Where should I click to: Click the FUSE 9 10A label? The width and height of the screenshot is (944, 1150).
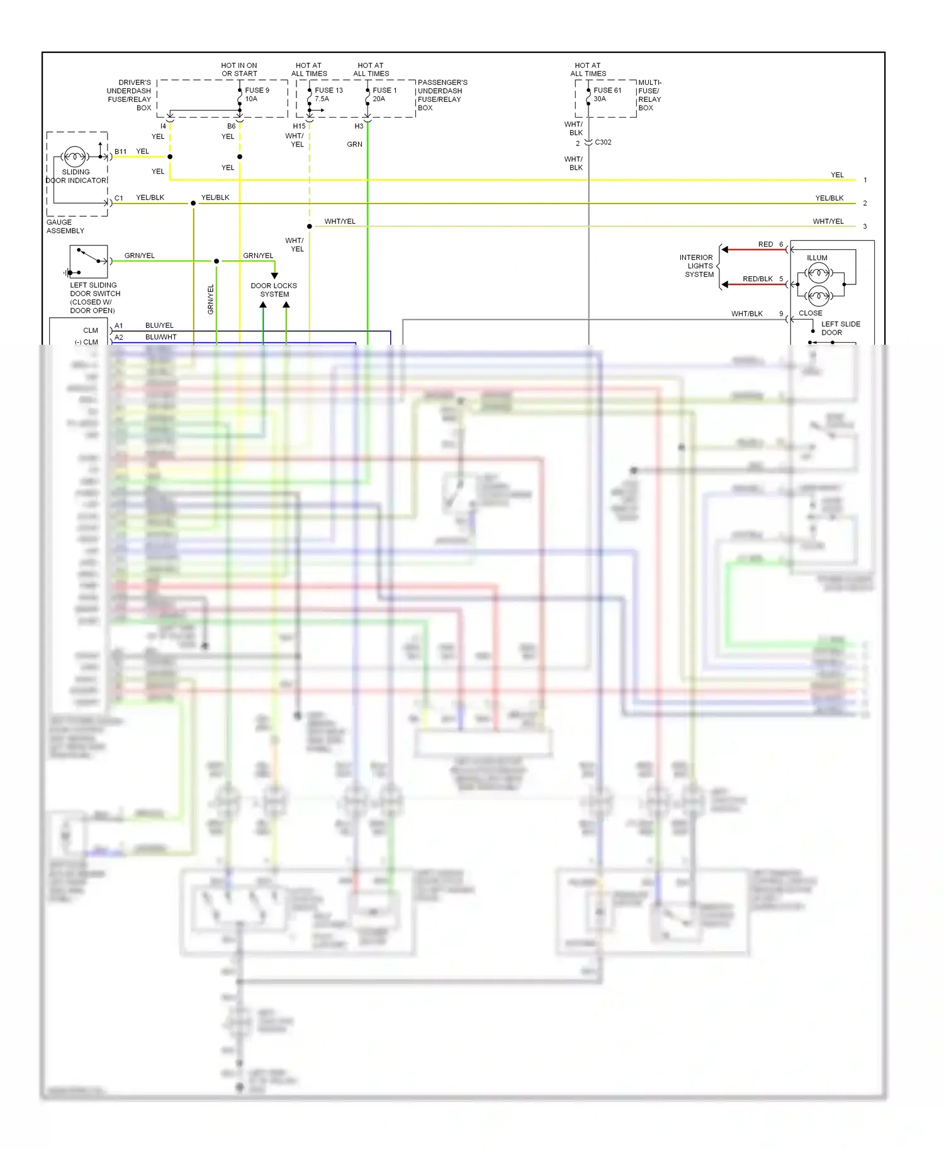[x=257, y=94]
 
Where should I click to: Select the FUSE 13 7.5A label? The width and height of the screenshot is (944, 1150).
[x=329, y=94]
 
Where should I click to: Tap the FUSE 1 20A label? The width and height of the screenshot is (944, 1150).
[x=384, y=94]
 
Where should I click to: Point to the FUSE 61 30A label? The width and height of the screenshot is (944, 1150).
[x=607, y=94]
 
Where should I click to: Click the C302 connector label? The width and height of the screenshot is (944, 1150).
[x=603, y=142]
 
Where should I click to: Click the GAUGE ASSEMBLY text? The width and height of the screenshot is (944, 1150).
[x=65, y=226]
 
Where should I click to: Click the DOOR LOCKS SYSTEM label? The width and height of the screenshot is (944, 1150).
[x=274, y=290]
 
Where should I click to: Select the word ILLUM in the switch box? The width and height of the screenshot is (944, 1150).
[x=817, y=258]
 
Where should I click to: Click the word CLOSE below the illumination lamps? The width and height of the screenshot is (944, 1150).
[x=810, y=313]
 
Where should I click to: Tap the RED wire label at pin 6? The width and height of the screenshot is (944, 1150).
[x=765, y=244]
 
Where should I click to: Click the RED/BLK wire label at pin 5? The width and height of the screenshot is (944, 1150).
[x=757, y=279]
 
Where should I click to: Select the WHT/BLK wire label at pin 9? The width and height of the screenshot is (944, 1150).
[x=746, y=313]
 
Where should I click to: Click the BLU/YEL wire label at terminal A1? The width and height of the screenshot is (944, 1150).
[x=159, y=325]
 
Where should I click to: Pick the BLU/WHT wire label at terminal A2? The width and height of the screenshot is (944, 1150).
[x=160, y=337]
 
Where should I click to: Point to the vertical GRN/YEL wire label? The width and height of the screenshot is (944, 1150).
[x=211, y=299]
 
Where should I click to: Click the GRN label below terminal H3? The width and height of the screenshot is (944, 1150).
[x=354, y=144]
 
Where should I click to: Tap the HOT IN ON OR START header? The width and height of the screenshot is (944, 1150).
[x=239, y=69]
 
